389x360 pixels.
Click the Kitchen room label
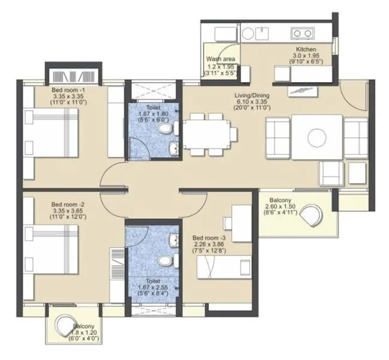tap(306, 50)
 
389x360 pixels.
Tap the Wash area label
tap(220, 59)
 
